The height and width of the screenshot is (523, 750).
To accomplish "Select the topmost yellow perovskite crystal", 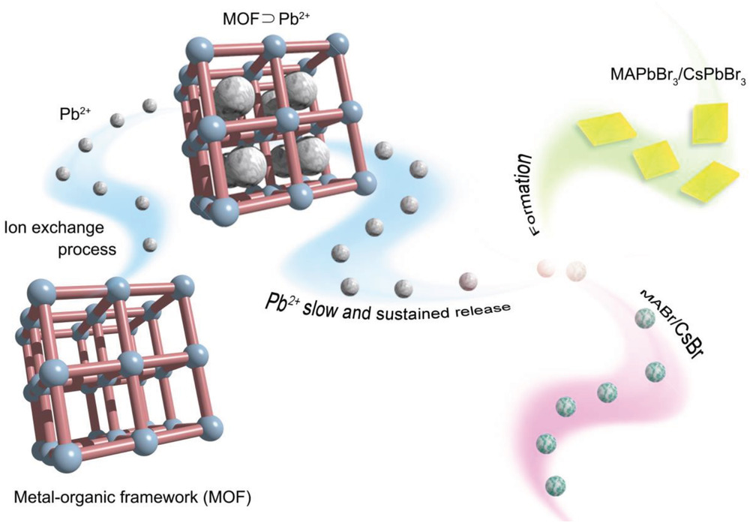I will pyautogui.click(x=709, y=122).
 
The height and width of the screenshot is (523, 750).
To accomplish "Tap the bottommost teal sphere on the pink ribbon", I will pyautogui.click(x=555, y=485).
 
